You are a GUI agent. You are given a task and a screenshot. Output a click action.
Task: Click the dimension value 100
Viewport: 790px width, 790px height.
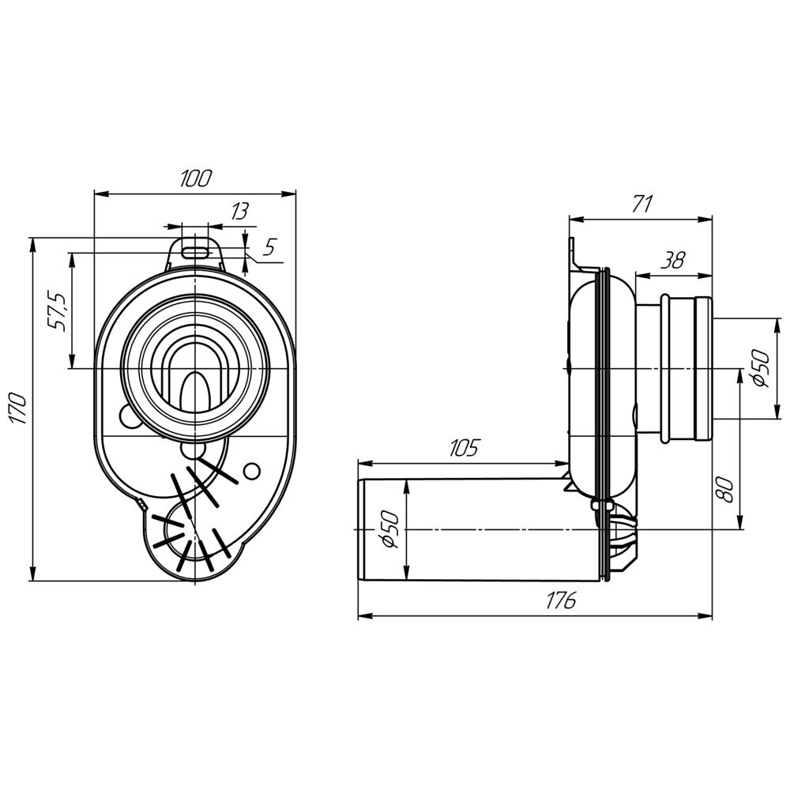click(196, 179)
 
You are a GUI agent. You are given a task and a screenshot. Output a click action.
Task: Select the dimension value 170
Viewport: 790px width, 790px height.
click(19, 408)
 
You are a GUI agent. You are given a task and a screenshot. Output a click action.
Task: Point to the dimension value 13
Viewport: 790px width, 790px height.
click(240, 212)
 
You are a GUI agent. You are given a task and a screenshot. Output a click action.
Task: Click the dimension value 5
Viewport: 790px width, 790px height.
click(269, 246)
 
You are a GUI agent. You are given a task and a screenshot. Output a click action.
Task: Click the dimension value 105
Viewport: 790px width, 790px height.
click(463, 447)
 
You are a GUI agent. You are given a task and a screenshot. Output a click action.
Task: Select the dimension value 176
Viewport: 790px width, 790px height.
click(561, 601)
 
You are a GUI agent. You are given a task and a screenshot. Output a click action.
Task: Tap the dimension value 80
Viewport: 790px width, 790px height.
click(724, 489)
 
